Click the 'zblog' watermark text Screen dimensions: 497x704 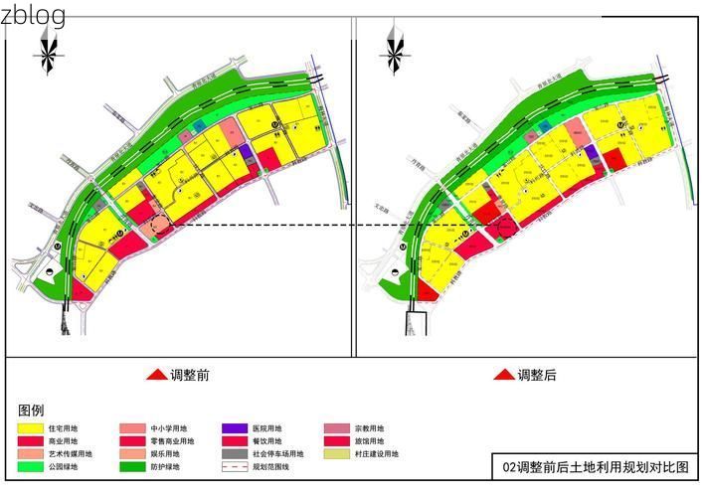[x=34, y=16]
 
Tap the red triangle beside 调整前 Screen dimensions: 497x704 [x=155, y=376]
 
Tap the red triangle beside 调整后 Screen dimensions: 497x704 [x=504, y=376]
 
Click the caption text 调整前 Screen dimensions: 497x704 [x=189, y=376]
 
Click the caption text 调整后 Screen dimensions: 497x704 [x=537, y=376]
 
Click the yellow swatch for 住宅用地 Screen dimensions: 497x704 [x=31, y=428]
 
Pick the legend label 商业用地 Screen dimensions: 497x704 [x=63, y=441]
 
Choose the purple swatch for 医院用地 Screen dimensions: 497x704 [x=236, y=428]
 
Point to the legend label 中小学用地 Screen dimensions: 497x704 [x=168, y=428]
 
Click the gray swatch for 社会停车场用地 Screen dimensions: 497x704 [x=236, y=454]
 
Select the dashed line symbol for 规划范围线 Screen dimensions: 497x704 [x=236, y=467]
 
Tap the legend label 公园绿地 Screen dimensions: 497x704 [x=63, y=467]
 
